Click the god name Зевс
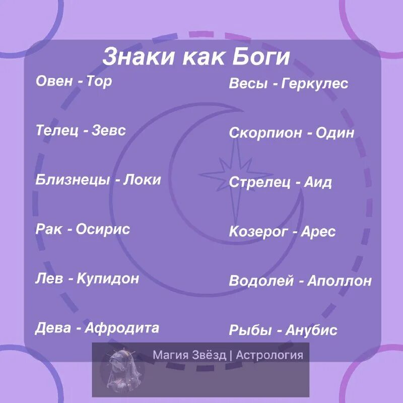[109, 130]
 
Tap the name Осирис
[103, 229]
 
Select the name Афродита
[122, 328]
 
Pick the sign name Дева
[53, 328]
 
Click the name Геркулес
[315, 84]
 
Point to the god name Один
[335, 133]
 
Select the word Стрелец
[259, 182]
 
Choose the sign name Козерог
[258, 232]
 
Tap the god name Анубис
[311, 330]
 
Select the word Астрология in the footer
[270, 355]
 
